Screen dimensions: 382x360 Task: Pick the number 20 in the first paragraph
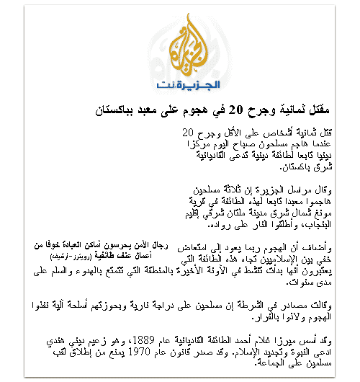(x=188, y=133)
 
